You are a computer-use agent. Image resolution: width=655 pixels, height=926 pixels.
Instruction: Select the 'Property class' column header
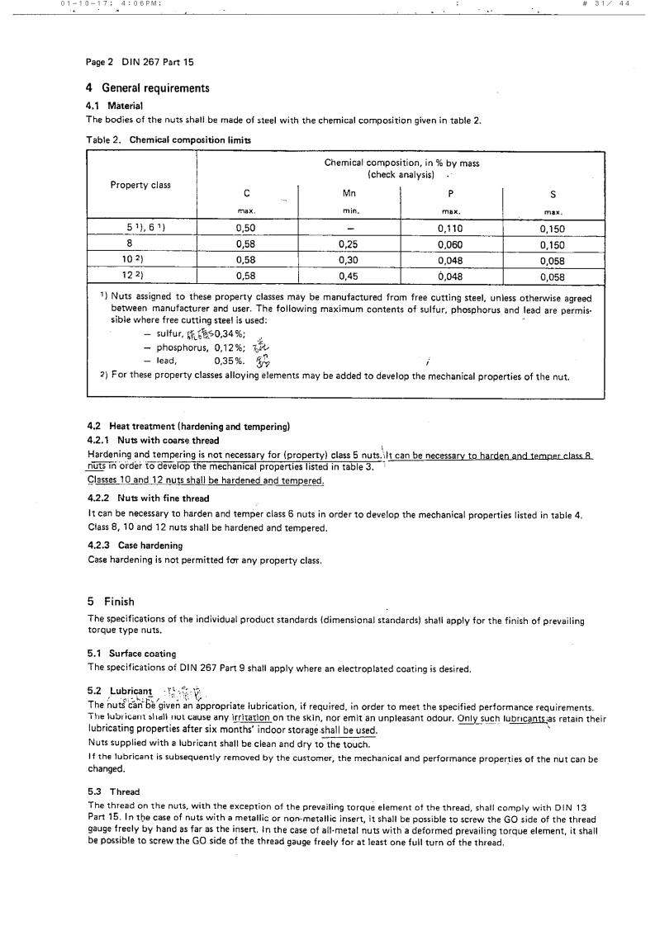(140, 185)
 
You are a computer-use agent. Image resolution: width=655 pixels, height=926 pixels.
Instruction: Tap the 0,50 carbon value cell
(245, 228)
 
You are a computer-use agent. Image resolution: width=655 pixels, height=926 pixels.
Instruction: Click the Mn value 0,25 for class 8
(349, 244)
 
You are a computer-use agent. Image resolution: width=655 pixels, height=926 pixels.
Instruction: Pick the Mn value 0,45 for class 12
(349, 276)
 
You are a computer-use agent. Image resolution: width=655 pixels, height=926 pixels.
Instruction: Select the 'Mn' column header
(349, 194)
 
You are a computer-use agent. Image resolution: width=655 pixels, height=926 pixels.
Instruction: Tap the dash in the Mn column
(349, 228)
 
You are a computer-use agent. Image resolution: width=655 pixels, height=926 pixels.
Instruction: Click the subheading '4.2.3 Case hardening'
(135, 546)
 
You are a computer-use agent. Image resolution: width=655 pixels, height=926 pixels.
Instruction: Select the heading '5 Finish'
(111, 602)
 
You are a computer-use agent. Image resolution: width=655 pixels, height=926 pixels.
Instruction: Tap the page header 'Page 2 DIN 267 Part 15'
(140, 62)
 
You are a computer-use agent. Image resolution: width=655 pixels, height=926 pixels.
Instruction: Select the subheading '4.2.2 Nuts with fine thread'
(148, 498)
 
